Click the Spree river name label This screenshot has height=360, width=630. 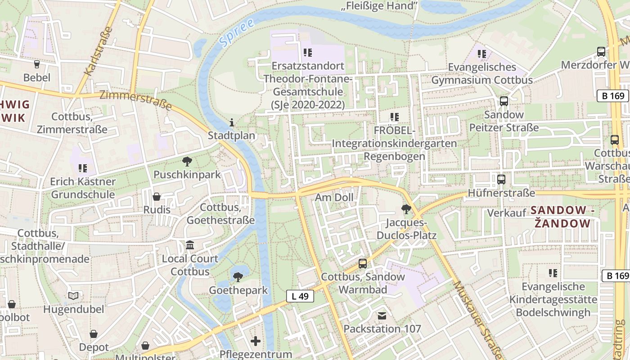pyautogui.click(x=231, y=34)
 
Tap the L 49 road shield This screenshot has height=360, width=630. pyautogui.click(x=300, y=296)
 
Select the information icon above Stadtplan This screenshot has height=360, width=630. pyautogui.click(x=232, y=122)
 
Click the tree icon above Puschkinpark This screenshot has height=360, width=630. pyautogui.click(x=187, y=161)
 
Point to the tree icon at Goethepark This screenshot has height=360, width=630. pyautogui.click(x=238, y=277)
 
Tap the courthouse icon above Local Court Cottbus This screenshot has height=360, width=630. pyautogui.click(x=190, y=245)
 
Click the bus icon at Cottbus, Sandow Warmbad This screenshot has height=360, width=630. pyautogui.click(x=363, y=263)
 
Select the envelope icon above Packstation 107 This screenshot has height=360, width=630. pyautogui.click(x=382, y=315)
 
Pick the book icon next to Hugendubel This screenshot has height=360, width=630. pyautogui.click(x=73, y=296)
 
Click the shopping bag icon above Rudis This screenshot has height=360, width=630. pyautogui.click(x=157, y=196)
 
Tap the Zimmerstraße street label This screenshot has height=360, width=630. pyautogui.click(x=135, y=100)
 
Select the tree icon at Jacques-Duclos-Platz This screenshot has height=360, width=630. pyautogui.click(x=406, y=209)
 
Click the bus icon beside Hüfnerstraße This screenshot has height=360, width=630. pyautogui.click(x=501, y=179)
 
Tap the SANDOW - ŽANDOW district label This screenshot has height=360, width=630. pyautogui.click(x=562, y=216)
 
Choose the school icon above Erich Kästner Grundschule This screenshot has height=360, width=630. pyautogui.click(x=82, y=168)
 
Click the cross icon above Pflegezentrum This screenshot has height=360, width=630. pyautogui.click(x=256, y=341)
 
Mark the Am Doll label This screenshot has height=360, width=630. pyautogui.click(x=334, y=197)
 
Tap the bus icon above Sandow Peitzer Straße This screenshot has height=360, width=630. pyautogui.click(x=504, y=101)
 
